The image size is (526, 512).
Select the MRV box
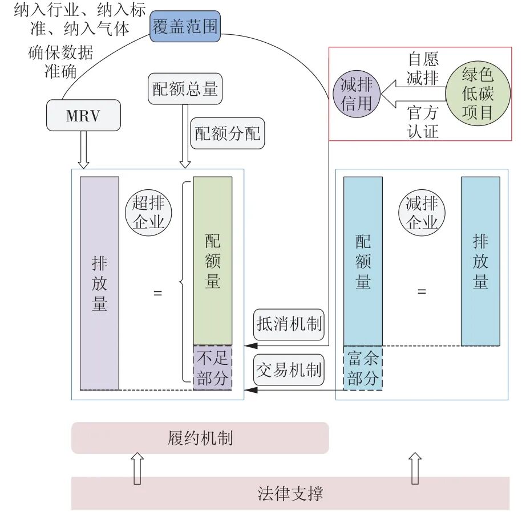(x=83, y=116)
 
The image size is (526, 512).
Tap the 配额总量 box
(x=185, y=88)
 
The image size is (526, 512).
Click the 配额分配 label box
(x=227, y=133)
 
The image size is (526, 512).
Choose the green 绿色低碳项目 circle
(x=477, y=94)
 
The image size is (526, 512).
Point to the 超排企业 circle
(x=148, y=212)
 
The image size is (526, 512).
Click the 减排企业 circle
(x=422, y=212)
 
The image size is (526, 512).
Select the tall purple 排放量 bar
(x=99, y=283)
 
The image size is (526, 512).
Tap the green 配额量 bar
(x=212, y=261)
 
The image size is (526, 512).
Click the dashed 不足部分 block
(x=212, y=368)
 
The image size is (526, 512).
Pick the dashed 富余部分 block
(x=363, y=368)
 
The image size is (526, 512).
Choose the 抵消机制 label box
(x=289, y=325)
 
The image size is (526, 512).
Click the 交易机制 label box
(x=289, y=370)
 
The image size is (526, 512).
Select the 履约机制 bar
(x=200, y=438)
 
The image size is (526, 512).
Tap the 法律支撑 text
(x=290, y=493)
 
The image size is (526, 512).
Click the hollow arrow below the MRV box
(x=83, y=149)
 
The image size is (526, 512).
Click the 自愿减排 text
(x=423, y=69)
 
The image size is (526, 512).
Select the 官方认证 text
(x=423, y=121)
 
